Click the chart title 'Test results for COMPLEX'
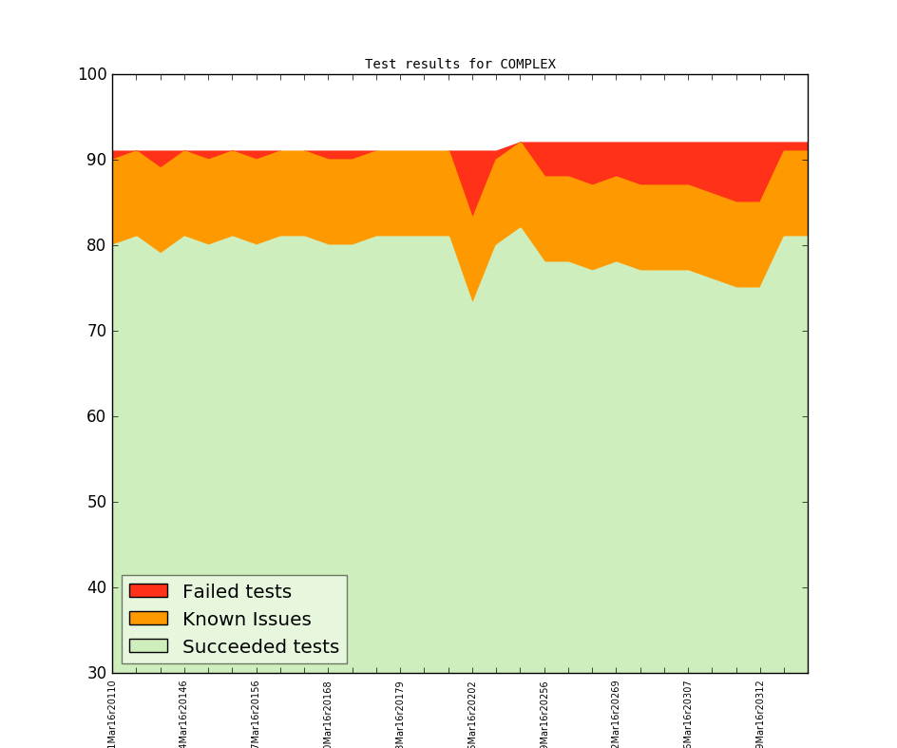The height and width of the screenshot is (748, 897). [x=460, y=65]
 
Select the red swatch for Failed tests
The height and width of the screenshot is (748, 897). [x=148, y=591]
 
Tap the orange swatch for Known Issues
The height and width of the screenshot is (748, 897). [x=148, y=619]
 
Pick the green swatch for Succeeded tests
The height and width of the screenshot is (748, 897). [x=148, y=646]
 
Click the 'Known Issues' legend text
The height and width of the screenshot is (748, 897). [x=246, y=619]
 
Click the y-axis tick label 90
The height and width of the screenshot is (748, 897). [x=96, y=160]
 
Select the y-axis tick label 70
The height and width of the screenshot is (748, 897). [x=96, y=331]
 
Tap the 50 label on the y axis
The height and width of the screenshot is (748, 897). [x=96, y=502]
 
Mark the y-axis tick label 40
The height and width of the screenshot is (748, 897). [x=96, y=587]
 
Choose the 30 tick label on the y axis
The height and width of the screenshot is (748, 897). [x=96, y=673]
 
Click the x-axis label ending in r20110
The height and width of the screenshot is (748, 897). [x=112, y=713]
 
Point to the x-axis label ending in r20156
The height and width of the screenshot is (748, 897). [x=256, y=713]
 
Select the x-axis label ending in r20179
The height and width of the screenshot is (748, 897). [x=400, y=713]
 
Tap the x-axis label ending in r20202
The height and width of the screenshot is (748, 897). [x=472, y=713]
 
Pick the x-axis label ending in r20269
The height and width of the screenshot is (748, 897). [x=616, y=713]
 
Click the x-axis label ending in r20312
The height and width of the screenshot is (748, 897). [x=760, y=713]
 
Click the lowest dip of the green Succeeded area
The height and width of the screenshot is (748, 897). [x=472, y=302]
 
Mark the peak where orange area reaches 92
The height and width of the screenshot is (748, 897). [x=521, y=143]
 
